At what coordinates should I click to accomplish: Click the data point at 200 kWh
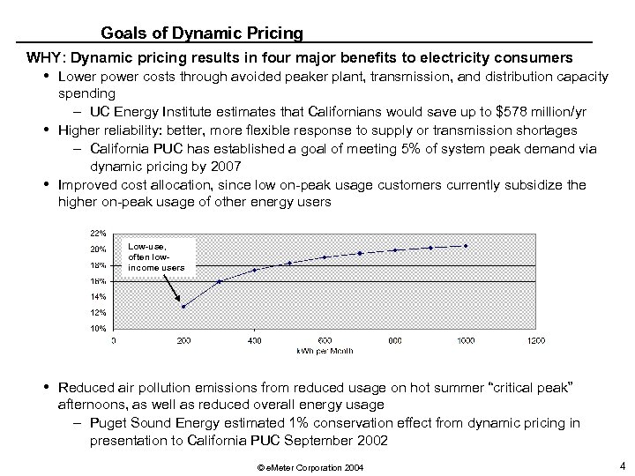(x=183, y=306)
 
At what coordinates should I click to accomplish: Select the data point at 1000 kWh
(x=466, y=245)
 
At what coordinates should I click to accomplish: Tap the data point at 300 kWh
(x=219, y=281)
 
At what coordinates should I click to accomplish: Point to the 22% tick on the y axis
(x=99, y=234)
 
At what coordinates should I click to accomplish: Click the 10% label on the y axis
(x=99, y=329)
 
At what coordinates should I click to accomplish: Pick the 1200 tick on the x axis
(x=535, y=340)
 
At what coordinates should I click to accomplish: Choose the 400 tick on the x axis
(x=254, y=340)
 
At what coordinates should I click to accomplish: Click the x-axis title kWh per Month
(x=325, y=350)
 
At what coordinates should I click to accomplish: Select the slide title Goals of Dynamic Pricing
(x=202, y=33)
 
